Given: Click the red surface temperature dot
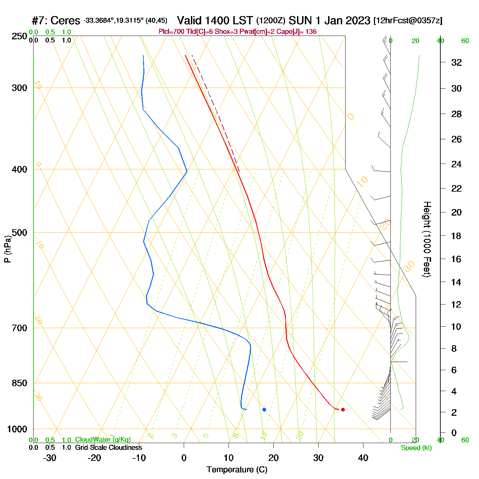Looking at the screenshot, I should pos(343,410).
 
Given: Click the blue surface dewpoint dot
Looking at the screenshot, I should pos(264,410).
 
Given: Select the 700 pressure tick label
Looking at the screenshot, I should pos(20,328).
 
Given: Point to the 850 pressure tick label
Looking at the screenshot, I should pos(20,383).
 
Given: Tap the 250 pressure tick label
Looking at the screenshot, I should pos(20,36).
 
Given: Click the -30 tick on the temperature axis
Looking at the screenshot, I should pos(50,458).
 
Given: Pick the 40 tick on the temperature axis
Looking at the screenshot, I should pos(363,458).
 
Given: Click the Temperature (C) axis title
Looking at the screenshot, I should pos(237,470).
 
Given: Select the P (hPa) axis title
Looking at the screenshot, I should pos(8,249).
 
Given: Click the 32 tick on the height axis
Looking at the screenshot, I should pos(456,62).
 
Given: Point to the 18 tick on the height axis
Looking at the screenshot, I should pos(456,236).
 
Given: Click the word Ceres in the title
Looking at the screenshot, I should pos(65,21).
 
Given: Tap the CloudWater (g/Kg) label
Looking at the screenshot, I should pos(103,440).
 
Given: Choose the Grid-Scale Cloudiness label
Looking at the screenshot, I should pos(108,448).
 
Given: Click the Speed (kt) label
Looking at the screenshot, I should pos(416,448).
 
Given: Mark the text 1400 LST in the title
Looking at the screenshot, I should pos(215,21).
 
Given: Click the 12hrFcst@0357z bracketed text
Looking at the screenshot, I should pos(408,21).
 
